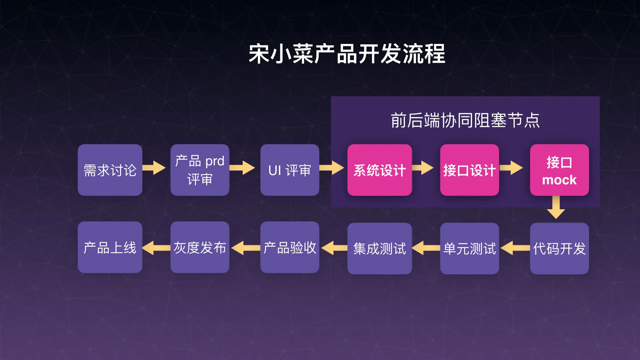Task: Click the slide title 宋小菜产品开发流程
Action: [347, 54]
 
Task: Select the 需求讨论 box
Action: [110, 170]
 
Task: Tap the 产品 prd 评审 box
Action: [200, 170]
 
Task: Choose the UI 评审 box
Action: [290, 170]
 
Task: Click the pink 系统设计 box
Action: [380, 170]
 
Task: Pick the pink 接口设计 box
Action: [469, 170]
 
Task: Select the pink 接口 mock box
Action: [559, 170]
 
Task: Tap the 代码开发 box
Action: [559, 248]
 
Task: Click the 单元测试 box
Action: [469, 248]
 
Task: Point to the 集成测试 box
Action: [380, 248]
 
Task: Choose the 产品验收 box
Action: [290, 247]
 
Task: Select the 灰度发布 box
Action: [200, 247]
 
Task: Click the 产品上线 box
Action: [110, 247]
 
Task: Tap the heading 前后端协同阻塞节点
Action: [465, 120]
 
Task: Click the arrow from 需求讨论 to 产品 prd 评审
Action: [154, 168]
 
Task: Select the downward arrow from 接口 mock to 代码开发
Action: [556, 207]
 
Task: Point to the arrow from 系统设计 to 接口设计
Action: [423, 168]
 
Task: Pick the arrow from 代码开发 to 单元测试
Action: [515, 248]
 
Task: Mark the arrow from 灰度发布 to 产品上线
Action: [156, 248]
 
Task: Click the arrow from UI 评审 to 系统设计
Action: [332, 168]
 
